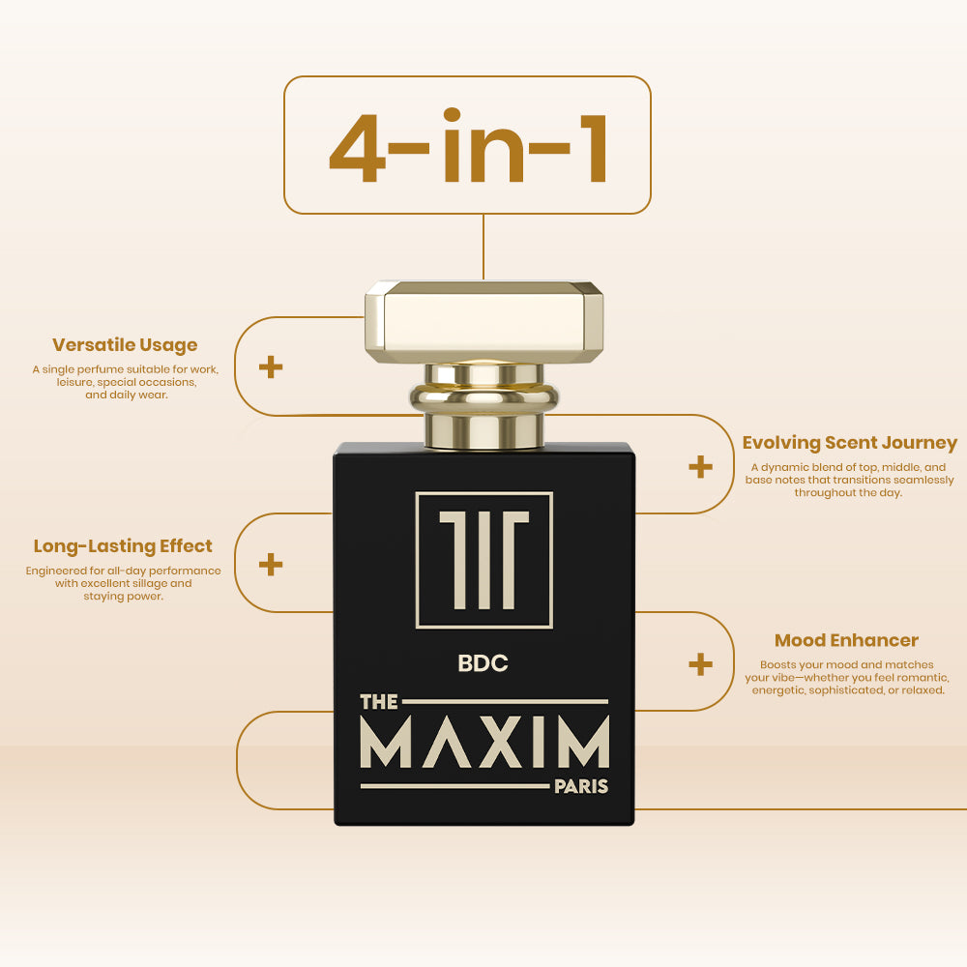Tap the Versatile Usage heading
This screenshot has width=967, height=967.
click(125, 345)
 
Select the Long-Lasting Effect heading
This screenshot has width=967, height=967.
click(123, 546)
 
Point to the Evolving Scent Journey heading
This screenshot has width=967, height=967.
click(849, 443)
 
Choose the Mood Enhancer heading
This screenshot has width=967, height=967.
click(846, 640)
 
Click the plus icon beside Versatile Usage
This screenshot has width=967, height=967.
click(271, 366)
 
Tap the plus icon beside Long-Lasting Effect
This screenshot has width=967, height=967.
click(271, 564)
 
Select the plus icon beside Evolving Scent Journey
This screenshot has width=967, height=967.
click(700, 467)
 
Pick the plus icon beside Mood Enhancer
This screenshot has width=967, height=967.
click(700, 664)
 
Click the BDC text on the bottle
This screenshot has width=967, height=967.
click(483, 663)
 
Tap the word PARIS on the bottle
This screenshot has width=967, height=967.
click(581, 786)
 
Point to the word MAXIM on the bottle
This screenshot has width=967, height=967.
click(484, 742)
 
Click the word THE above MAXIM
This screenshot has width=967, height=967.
click(379, 702)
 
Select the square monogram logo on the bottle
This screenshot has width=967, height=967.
click(484, 560)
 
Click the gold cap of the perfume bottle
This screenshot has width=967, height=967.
click(484, 322)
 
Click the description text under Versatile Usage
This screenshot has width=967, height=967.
click(126, 382)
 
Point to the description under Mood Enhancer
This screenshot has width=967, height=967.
click(847, 677)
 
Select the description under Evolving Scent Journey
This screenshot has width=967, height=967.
click(849, 480)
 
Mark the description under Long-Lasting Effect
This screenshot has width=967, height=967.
click(124, 583)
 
